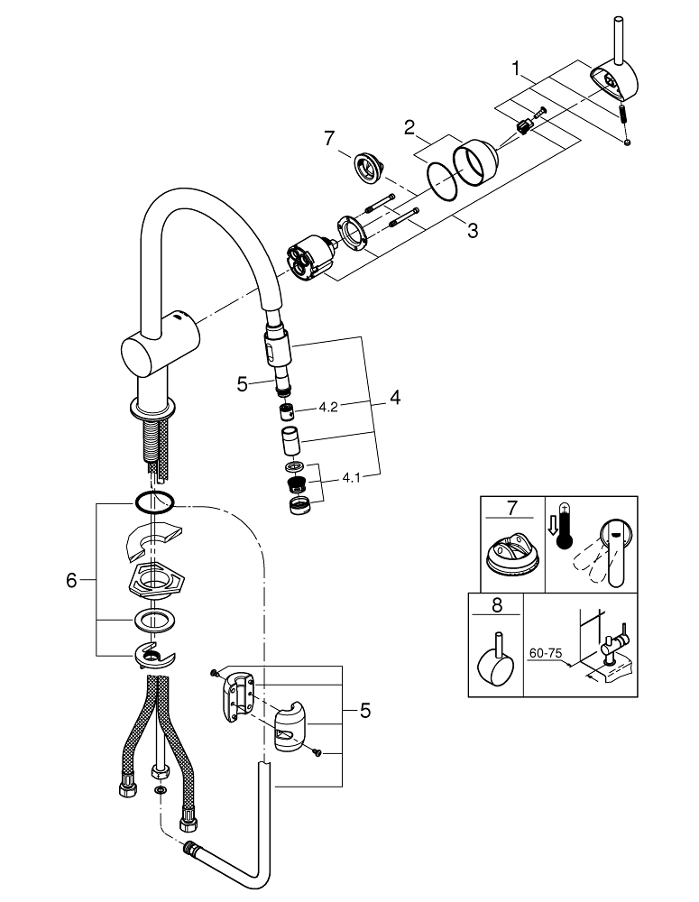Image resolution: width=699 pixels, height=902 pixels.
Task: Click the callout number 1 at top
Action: point(517,67)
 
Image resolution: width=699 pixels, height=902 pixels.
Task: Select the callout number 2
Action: point(409,128)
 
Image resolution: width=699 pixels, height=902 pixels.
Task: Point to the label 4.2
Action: point(327,408)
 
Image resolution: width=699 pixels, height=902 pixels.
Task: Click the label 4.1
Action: point(353,479)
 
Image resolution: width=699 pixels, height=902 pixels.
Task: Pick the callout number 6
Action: point(72,582)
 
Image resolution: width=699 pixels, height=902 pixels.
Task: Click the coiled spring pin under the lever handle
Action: point(621,116)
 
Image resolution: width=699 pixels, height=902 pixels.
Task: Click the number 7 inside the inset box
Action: point(511,509)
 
